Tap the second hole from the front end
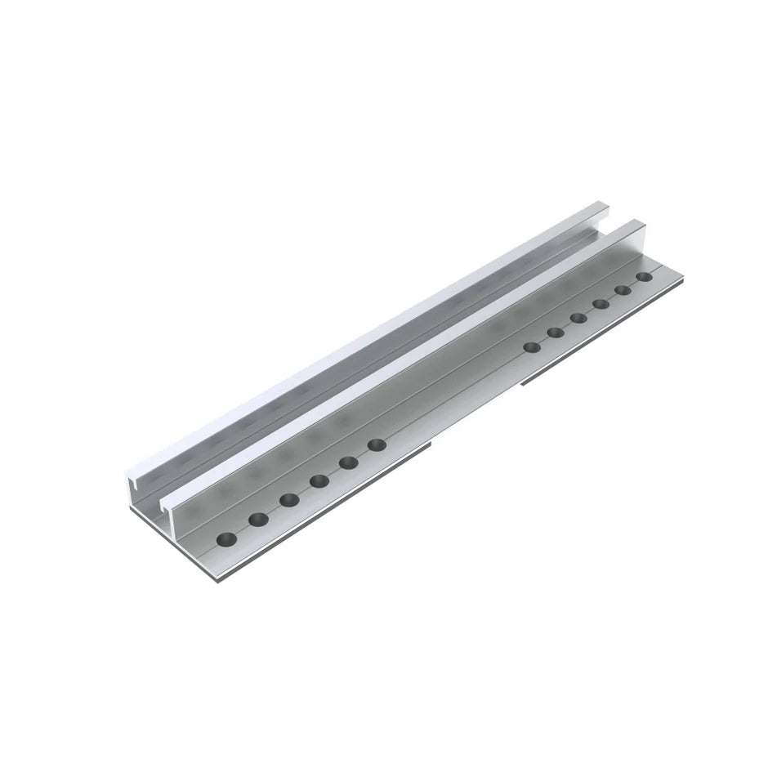click(258, 519)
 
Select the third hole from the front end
click(289, 499)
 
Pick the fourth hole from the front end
click(319, 480)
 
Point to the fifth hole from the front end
click(349, 462)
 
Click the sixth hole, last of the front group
click(377, 445)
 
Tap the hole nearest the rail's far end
click(645, 278)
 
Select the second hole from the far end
click(623, 291)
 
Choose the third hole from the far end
click(601, 304)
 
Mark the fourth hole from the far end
click(578, 318)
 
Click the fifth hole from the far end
click(556, 332)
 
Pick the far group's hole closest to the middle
click(532, 346)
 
